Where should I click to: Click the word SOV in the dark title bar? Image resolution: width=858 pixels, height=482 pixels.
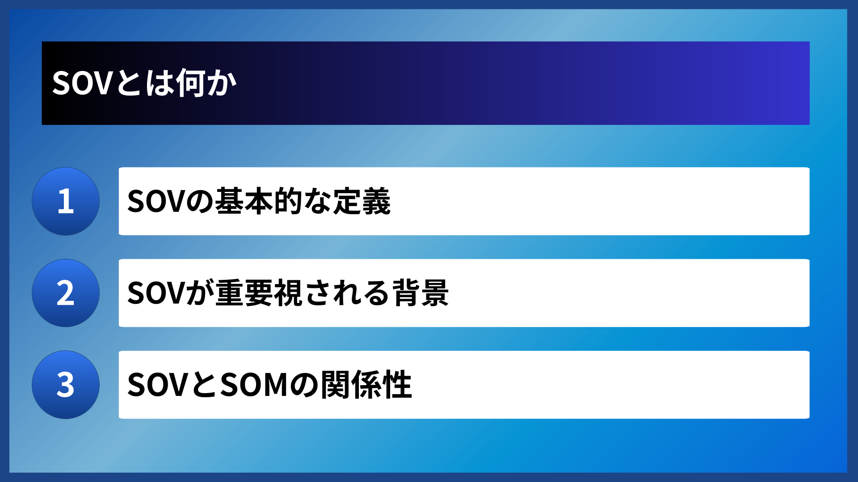(81, 83)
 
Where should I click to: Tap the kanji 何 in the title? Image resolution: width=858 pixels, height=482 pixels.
(191, 83)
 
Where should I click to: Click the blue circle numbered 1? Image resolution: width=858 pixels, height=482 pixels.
(66, 201)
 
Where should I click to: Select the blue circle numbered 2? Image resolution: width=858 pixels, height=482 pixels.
(66, 293)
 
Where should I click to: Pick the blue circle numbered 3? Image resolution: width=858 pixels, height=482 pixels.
(66, 385)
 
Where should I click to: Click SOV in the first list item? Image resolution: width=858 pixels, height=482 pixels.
(156, 201)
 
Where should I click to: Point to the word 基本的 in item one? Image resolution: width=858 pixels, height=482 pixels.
(258, 201)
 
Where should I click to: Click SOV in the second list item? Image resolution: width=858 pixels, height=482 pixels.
(156, 293)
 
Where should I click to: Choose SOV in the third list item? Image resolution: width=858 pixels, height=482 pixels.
(156, 385)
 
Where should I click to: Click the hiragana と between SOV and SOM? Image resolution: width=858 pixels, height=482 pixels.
(204, 385)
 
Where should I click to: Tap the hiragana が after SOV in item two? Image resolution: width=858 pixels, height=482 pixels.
(199, 293)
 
